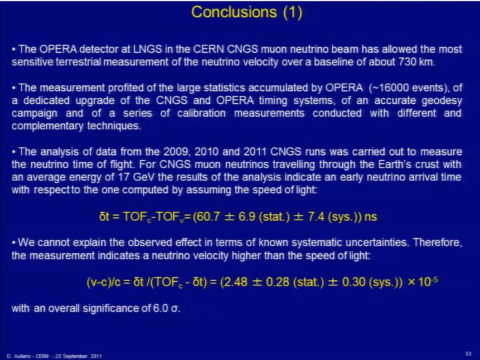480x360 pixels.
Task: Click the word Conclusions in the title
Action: tap(234, 12)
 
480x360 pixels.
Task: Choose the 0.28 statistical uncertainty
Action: tap(278, 281)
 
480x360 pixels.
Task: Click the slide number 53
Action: tap(468, 354)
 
